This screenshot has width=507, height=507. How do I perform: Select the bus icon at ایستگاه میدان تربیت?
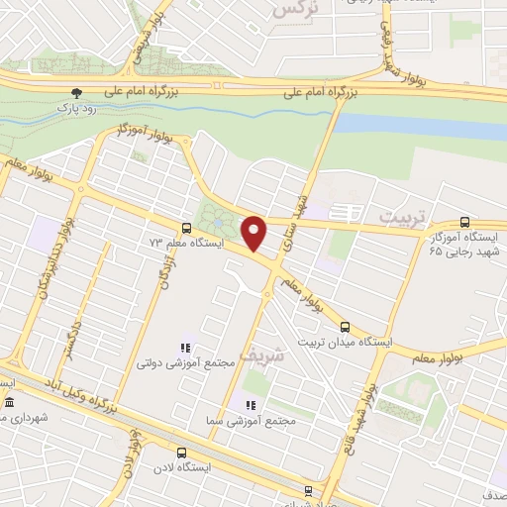coord(346,326)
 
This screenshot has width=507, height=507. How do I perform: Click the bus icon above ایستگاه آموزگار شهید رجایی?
coord(465,223)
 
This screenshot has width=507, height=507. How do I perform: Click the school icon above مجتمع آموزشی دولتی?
coord(184,348)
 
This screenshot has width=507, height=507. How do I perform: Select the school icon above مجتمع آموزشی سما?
coord(250,405)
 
